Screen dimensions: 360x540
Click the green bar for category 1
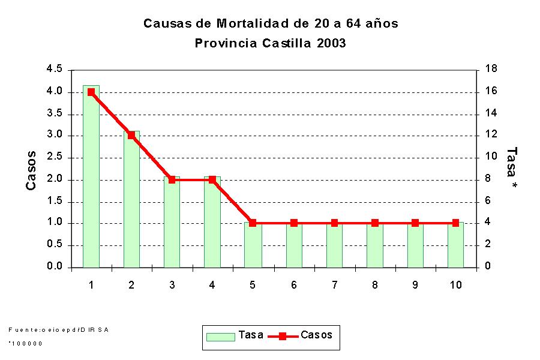[91, 180]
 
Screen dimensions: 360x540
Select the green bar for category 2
[131, 201]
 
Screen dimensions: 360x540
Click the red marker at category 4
[212, 179]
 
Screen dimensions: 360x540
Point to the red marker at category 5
[253, 223]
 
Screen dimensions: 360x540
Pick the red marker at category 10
[455, 223]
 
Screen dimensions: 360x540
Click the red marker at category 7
[334, 223]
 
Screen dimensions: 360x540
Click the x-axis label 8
[374, 285]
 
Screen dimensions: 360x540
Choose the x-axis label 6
[293, 285]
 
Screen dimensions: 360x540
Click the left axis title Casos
[31, 170]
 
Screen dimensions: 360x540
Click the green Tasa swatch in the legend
[220, 336]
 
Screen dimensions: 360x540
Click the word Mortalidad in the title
[253, 24]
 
